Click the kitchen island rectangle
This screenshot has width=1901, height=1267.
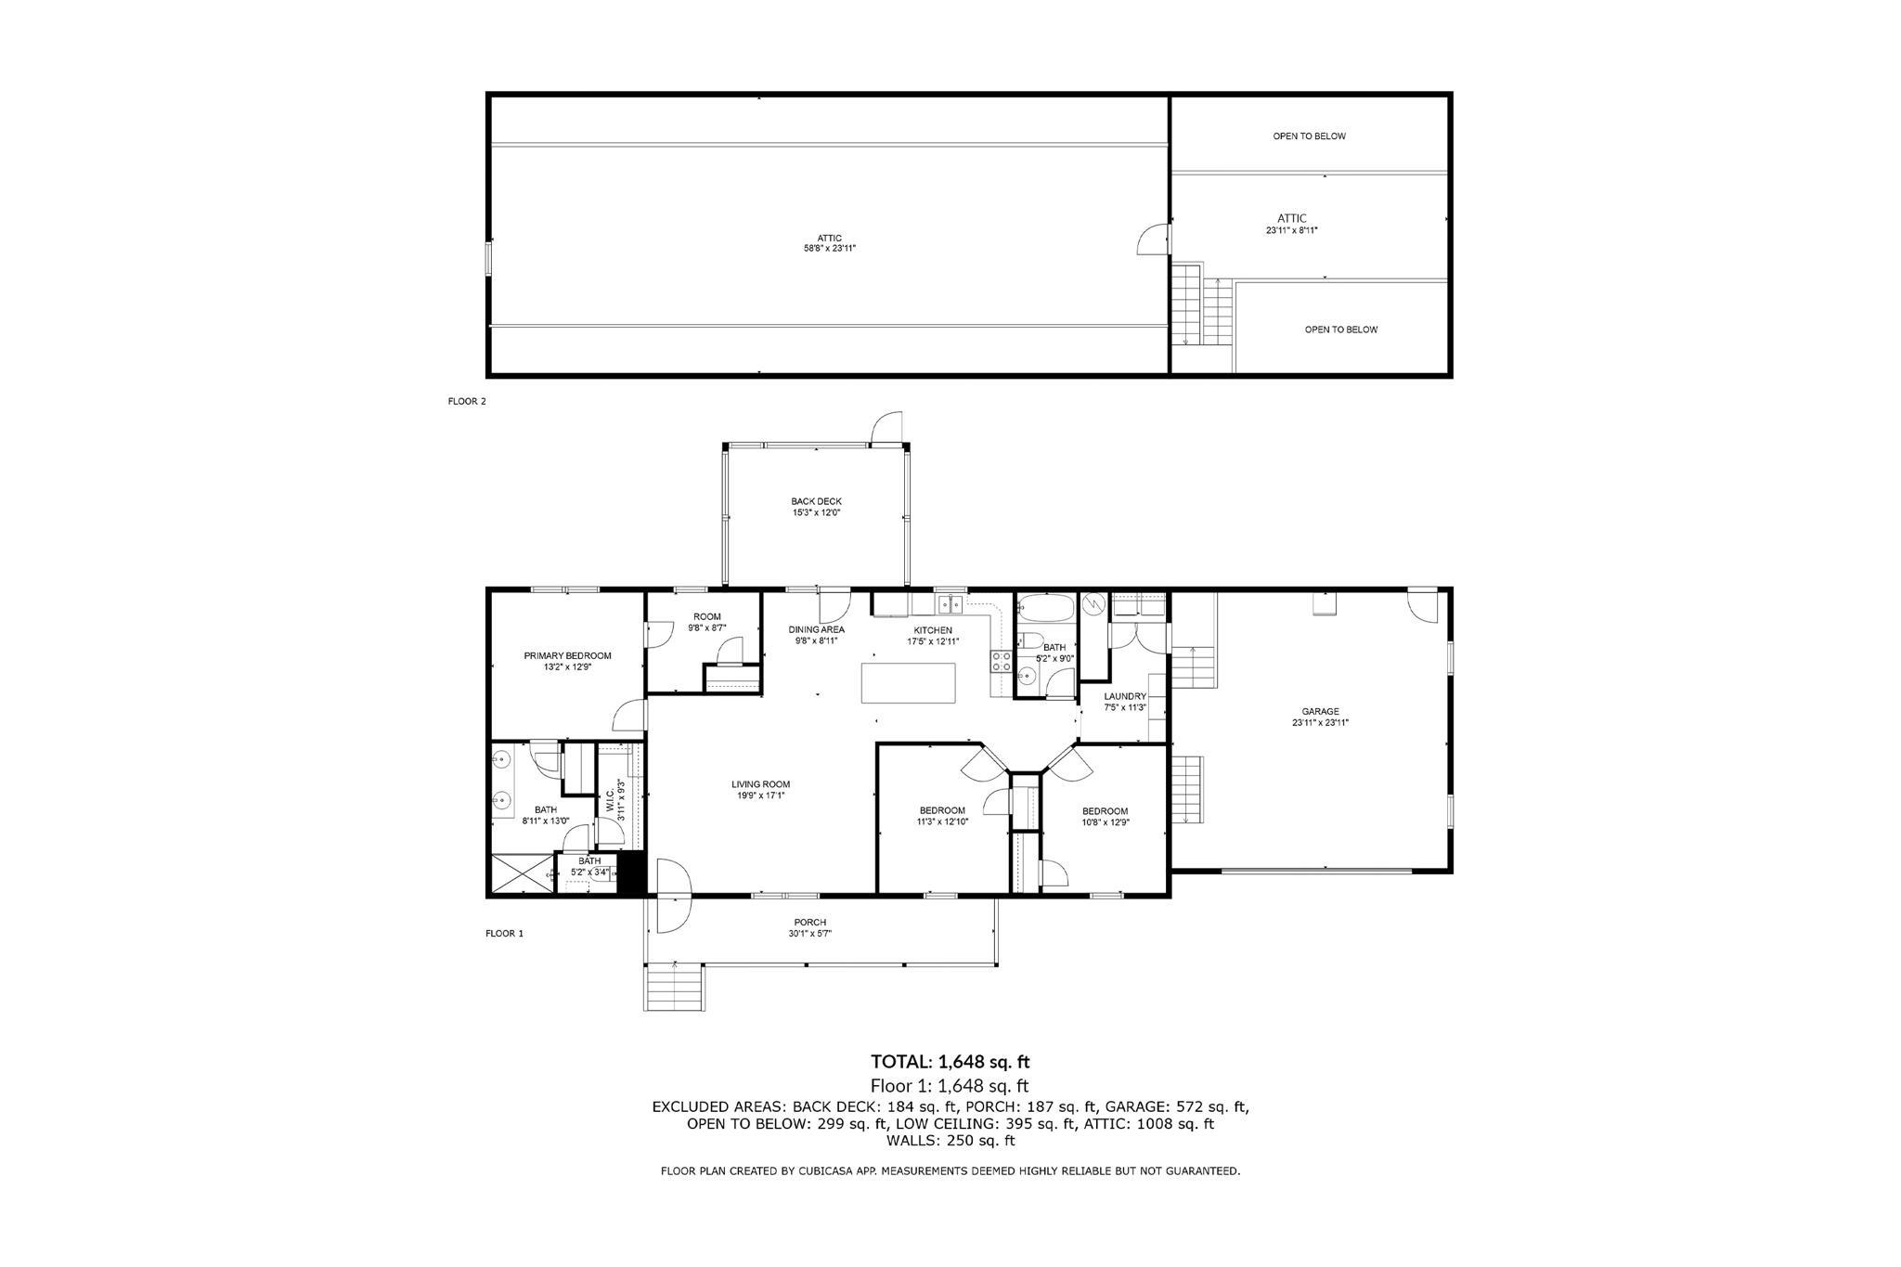(x=908, y=683)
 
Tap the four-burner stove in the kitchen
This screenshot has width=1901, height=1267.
(x=1002, y=661)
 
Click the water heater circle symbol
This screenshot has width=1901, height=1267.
(x=1094, y=604)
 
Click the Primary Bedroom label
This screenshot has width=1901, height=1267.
(x=567, y=655)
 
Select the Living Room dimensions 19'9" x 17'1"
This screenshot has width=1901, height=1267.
(x=760, y=795)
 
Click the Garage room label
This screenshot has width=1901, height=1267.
(x=1320, y=712)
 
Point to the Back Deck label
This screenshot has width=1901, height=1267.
(x=817, y=501)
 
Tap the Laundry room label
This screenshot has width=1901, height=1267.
(x=1125, y=696)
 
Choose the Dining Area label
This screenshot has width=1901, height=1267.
(x=817, y=629)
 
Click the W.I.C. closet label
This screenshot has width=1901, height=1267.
(x=610, y=801)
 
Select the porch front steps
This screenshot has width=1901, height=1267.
(x=674, y=987)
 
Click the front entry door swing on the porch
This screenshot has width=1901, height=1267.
(x=673, y=896)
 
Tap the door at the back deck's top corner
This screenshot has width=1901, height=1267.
(x=886, y=428)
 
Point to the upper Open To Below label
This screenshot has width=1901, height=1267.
(x=1309, y=136)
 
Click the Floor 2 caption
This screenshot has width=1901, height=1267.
(x=467, y=402)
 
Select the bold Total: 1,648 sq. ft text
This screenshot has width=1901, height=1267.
(x=950, y=1062)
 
